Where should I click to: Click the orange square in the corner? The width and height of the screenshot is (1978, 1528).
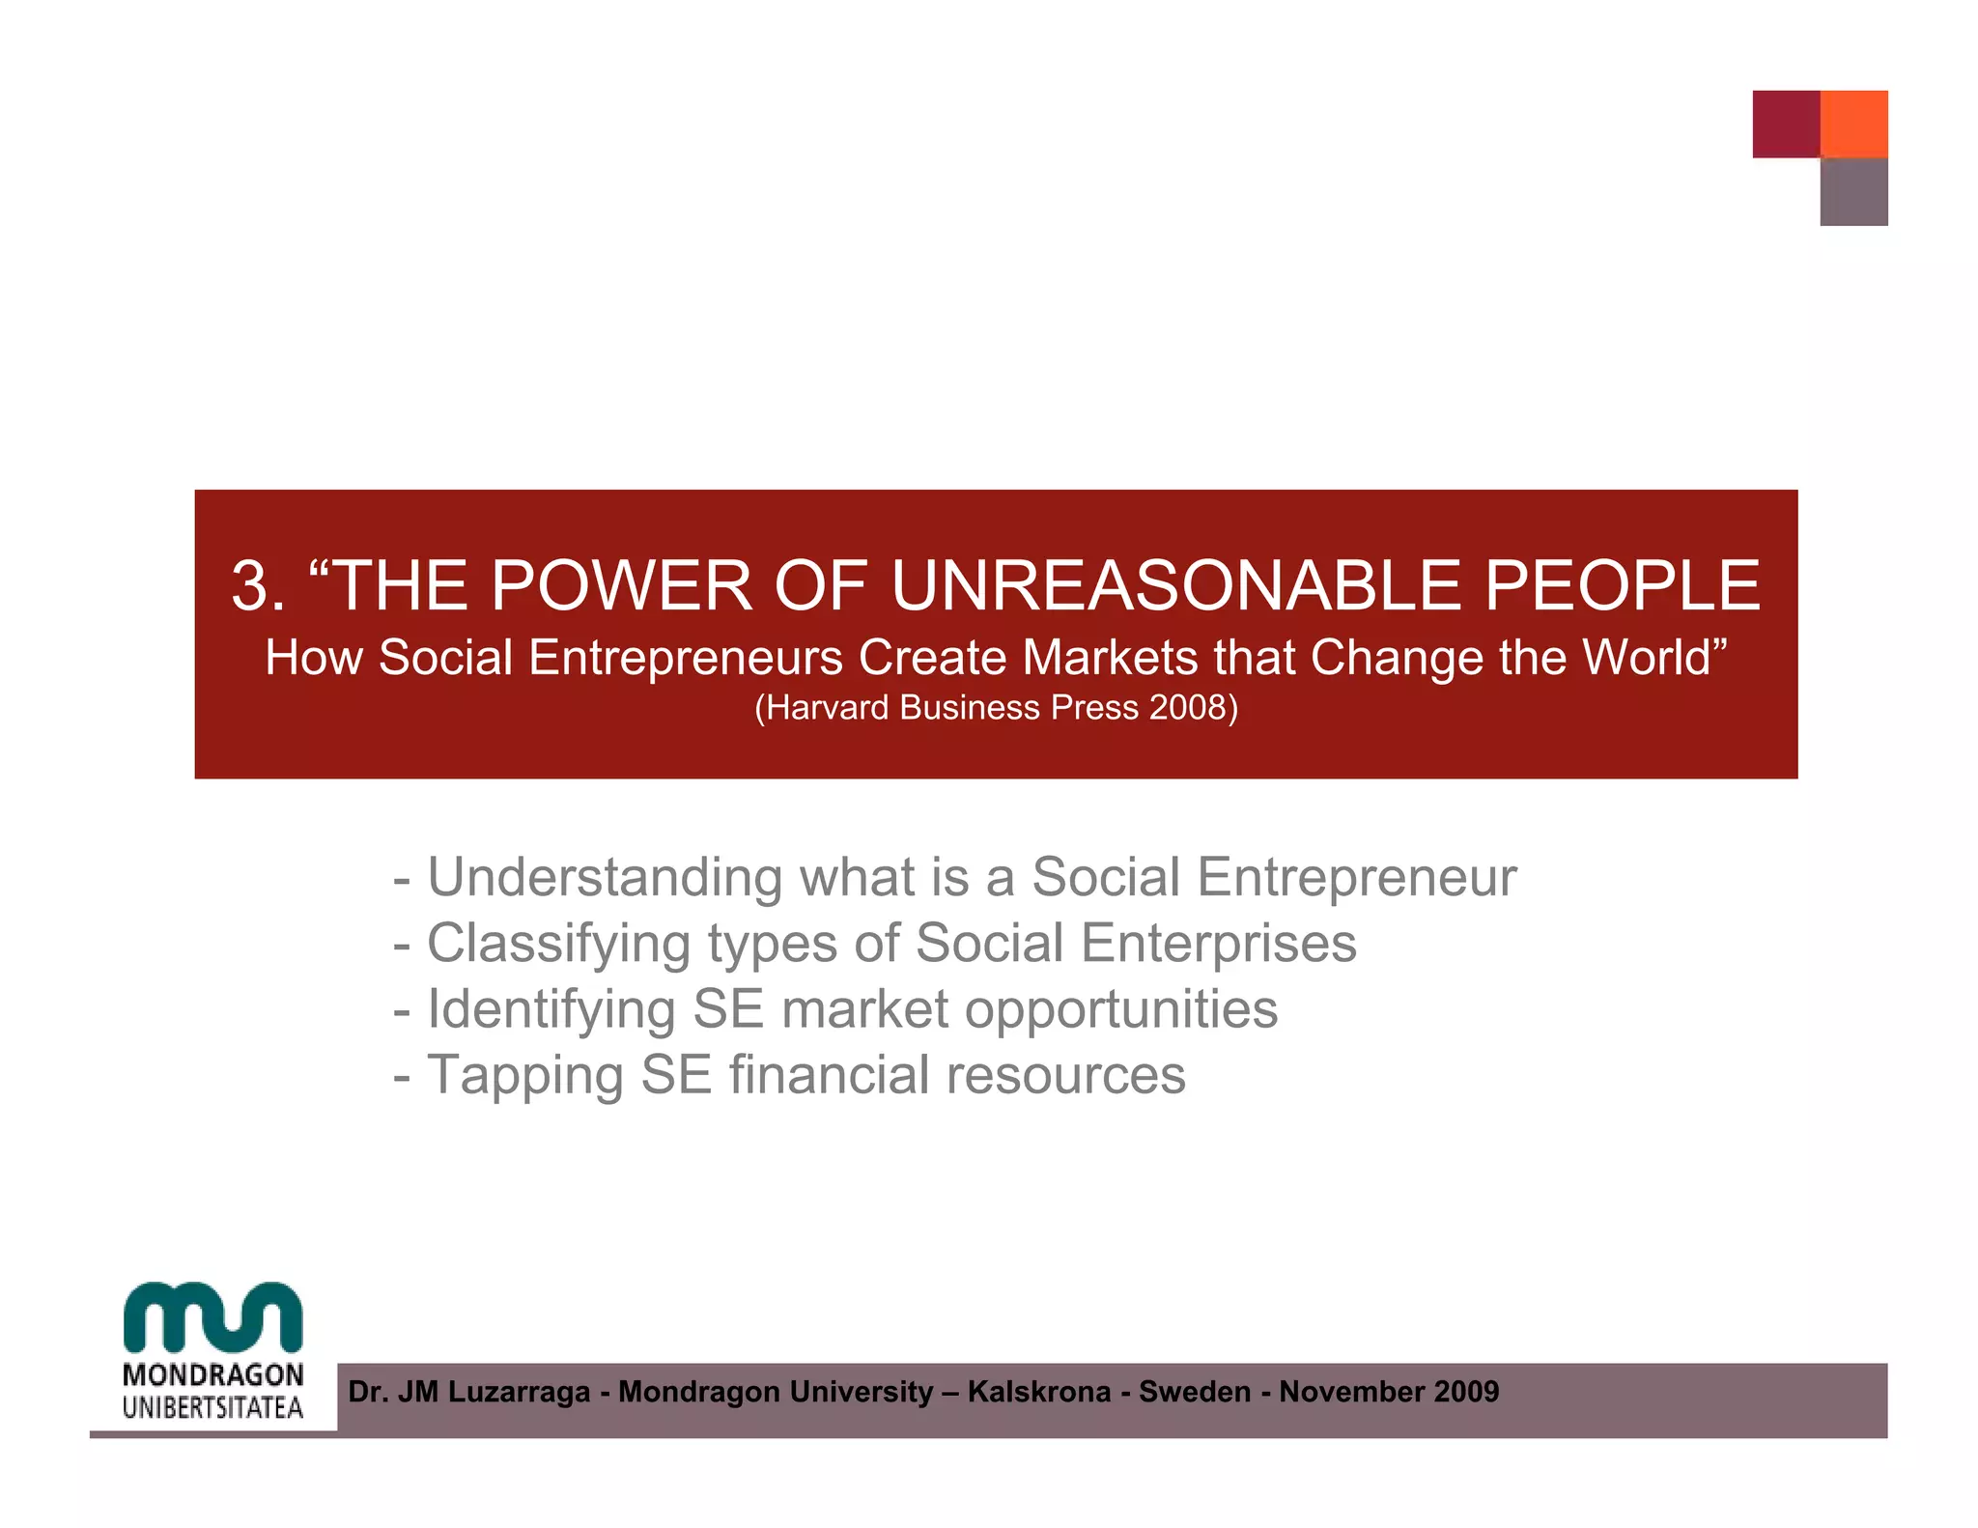point(1853,124)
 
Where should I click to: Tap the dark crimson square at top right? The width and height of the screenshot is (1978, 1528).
point(1786,124)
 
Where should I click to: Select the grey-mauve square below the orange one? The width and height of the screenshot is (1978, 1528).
point(1853,192)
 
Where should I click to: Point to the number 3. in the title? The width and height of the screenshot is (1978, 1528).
point(258,586)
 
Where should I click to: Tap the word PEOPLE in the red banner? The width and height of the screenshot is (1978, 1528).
point(1622,586)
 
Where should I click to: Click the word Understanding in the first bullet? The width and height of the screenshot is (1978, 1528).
point(605,878)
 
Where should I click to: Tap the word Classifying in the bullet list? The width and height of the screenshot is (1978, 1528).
point(558,944)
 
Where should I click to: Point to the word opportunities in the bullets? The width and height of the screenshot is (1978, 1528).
point(1120,1010)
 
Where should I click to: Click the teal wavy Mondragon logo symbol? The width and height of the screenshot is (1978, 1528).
point(213,1317)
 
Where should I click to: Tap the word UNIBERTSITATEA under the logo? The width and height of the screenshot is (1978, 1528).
point(213,1408)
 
